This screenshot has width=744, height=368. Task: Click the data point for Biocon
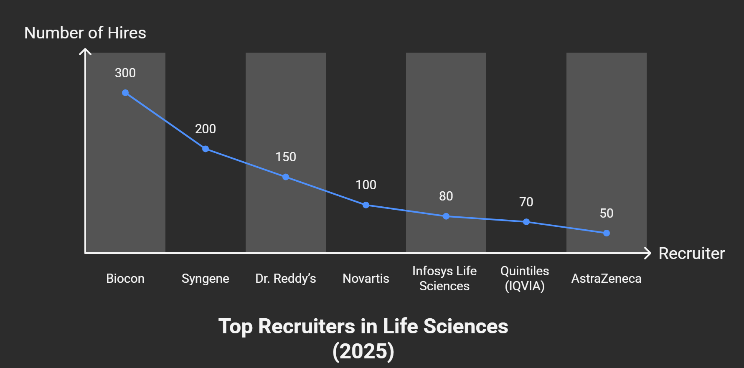125,93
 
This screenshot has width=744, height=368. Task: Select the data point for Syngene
206,149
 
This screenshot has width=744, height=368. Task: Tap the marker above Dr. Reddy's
286,177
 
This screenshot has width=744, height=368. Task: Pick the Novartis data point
366,205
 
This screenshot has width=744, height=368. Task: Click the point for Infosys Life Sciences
446,216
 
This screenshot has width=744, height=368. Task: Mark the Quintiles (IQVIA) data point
526,222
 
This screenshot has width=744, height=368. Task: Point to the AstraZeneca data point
607,233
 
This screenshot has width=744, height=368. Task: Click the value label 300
125,73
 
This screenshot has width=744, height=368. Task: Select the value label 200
206,129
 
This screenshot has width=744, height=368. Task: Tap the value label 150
286,157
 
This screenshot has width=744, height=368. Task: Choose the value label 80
446,196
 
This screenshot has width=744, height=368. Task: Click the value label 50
607,213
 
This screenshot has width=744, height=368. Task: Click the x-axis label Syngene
206,279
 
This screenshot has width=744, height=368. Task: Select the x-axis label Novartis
366,279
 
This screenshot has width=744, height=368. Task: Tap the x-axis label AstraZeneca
606,279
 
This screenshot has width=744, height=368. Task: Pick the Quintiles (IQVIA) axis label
525,279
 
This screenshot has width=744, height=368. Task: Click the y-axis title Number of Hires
85,33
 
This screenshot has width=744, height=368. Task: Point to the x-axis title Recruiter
691,254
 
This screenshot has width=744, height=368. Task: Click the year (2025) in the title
363,351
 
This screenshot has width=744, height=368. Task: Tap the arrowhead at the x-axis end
648,253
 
